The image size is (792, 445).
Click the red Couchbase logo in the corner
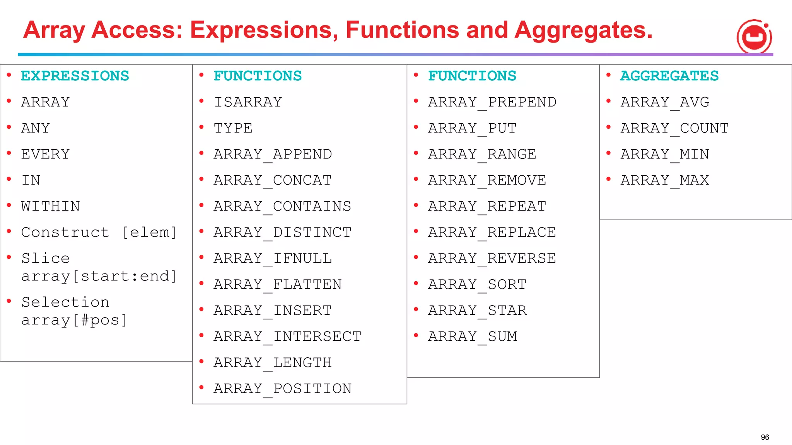tap(754, 37)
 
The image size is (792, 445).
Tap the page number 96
tap(765, 437)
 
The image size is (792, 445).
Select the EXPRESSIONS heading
tap(75, 76)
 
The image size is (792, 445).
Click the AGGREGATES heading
tap(669, 76)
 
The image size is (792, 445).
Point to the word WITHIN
tap(51, 206)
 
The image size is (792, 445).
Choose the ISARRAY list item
tap(248, 102)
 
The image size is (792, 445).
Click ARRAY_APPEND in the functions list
tap(273, 154)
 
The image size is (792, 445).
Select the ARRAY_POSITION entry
tap(282, 389)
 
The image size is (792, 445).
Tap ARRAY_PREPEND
tap(492, 102)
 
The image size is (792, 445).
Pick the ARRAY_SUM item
tap(473, 336)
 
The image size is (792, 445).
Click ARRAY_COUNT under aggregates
tap(674, 128)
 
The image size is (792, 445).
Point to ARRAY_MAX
tap(665, 180)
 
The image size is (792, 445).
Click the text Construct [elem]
tap(99, 233)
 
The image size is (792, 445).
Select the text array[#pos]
tap(74, 320)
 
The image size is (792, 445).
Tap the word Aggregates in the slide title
tap(583, 30)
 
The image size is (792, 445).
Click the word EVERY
tap(46, 154)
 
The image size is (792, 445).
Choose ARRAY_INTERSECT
tap(287, 336)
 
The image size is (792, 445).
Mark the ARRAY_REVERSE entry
tap(492, 258)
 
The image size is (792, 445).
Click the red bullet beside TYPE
tap(201, 127)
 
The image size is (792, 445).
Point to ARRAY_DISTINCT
tap(282, 233)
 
